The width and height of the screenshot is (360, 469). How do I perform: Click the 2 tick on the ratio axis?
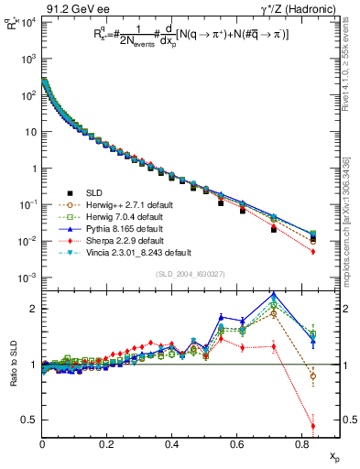pos(35,309)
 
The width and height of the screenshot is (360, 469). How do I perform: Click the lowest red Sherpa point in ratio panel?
pos(313,427)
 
